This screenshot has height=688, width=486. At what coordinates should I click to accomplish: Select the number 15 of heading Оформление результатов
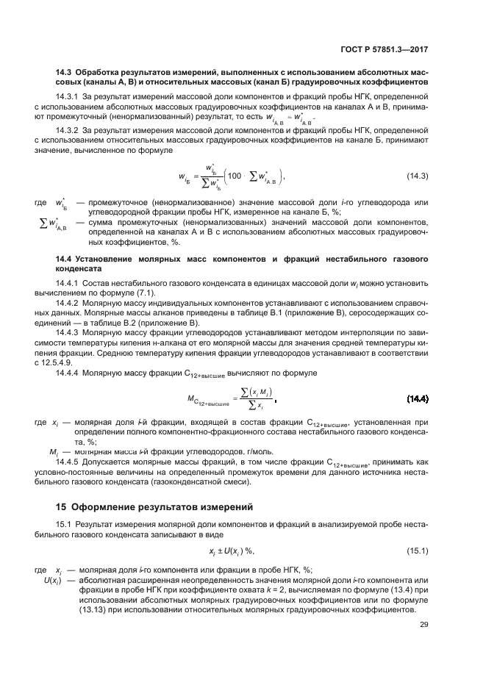pos(62,506)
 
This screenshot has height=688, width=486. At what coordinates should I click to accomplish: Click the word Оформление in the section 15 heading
pos(104,506)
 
